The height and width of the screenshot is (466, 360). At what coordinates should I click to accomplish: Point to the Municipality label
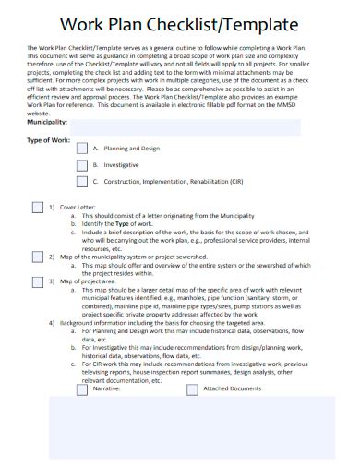[x=47, y=121]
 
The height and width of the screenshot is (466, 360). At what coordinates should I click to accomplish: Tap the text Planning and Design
[x=132, y=148]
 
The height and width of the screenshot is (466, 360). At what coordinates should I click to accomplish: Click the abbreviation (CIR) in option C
[x=237, y=183]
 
